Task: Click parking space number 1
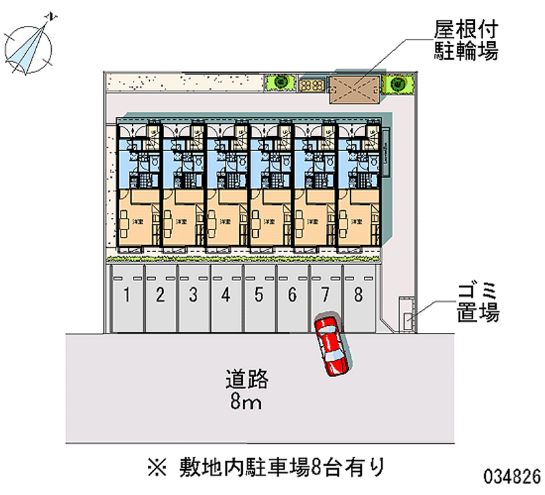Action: [127, 296]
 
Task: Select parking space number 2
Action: [160, 296]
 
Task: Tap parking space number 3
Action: [193, 296]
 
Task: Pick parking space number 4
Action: [226, 296]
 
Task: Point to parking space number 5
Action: [259, 296]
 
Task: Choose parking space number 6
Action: [292, 296]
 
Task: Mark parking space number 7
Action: [326, 296]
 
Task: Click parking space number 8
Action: [358, 296]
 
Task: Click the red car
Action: [332, 346]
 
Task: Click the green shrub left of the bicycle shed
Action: [280, 83]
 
